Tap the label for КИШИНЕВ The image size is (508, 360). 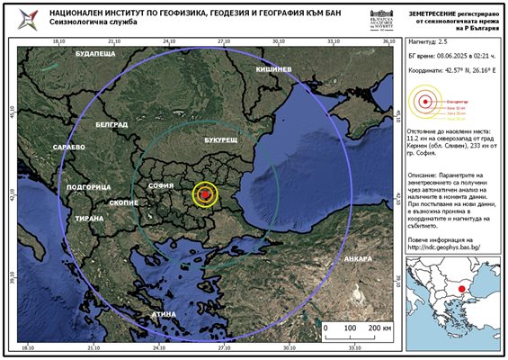[x=273, y=69]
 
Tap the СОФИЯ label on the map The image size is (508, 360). [x=161, y=186]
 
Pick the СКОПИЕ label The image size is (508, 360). [x=123, y=203]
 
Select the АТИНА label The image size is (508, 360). [x=163, y=314]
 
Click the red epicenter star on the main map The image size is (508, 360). [x=205, y=193]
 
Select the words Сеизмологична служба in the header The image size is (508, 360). [x=87, y=25]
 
